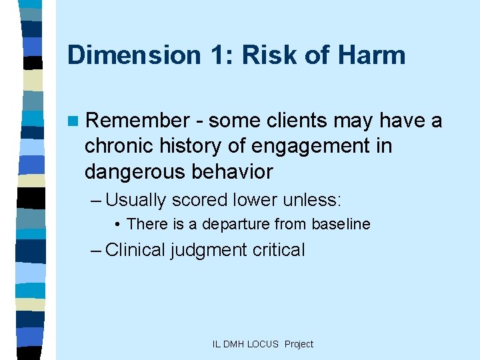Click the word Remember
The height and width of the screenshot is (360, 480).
pos(138,121)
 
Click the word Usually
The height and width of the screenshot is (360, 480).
pos(135,199)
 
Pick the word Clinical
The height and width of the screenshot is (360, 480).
pos(135,250)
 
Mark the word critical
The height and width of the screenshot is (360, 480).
pos(279,250)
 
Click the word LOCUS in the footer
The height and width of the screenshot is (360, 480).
pos(263,344)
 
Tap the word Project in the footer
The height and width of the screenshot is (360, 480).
pos(299,344)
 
